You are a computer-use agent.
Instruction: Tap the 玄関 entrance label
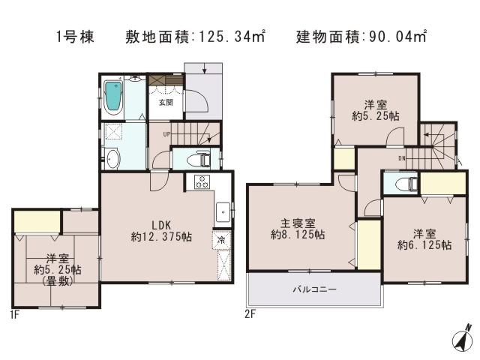pos(165,103)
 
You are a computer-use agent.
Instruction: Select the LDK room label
pos(160,223)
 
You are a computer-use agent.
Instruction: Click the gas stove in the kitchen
pos(202,181)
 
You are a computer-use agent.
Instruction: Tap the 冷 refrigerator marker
pos(222,241)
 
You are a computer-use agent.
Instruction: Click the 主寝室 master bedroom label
pos(298,223)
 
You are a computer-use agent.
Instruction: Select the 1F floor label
pos(14,315)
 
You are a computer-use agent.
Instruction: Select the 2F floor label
pos(251,315)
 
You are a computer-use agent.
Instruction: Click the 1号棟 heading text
pos(74,36)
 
